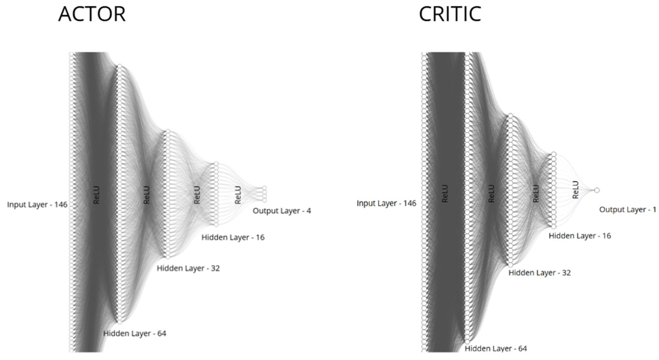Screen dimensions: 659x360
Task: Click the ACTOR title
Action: pos(92,14)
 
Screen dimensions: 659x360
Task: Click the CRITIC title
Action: pos(450,14)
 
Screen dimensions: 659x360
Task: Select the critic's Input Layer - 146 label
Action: pos(386,203)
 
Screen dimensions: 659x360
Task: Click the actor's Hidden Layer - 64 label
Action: pos(135,333)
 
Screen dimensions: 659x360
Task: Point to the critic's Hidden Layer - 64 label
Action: pos(496,349)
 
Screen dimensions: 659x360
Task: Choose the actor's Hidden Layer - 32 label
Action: pos(188,268)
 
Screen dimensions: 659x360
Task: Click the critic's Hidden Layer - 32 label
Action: pos(540,272)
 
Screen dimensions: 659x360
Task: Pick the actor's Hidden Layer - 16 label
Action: pos(233,237)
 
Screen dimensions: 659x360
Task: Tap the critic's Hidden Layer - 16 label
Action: pos(580,236)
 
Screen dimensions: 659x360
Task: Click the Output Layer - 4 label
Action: pos(282,211)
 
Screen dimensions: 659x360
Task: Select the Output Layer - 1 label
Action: pos(628,210)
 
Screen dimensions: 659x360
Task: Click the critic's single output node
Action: pos(597,190)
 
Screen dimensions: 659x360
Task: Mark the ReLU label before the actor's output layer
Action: pos(238,195)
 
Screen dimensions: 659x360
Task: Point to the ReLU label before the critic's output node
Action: pos(575,190)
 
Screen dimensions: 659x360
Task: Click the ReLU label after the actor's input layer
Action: pos(96,195)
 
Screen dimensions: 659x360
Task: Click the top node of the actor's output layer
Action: pos(264,188)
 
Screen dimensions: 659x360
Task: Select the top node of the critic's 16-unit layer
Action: pos(554,154)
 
